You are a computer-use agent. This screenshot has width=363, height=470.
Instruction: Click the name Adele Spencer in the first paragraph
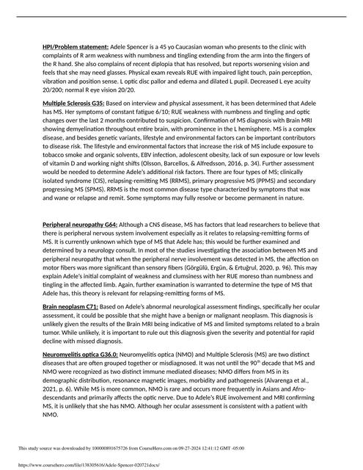point(129,47)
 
